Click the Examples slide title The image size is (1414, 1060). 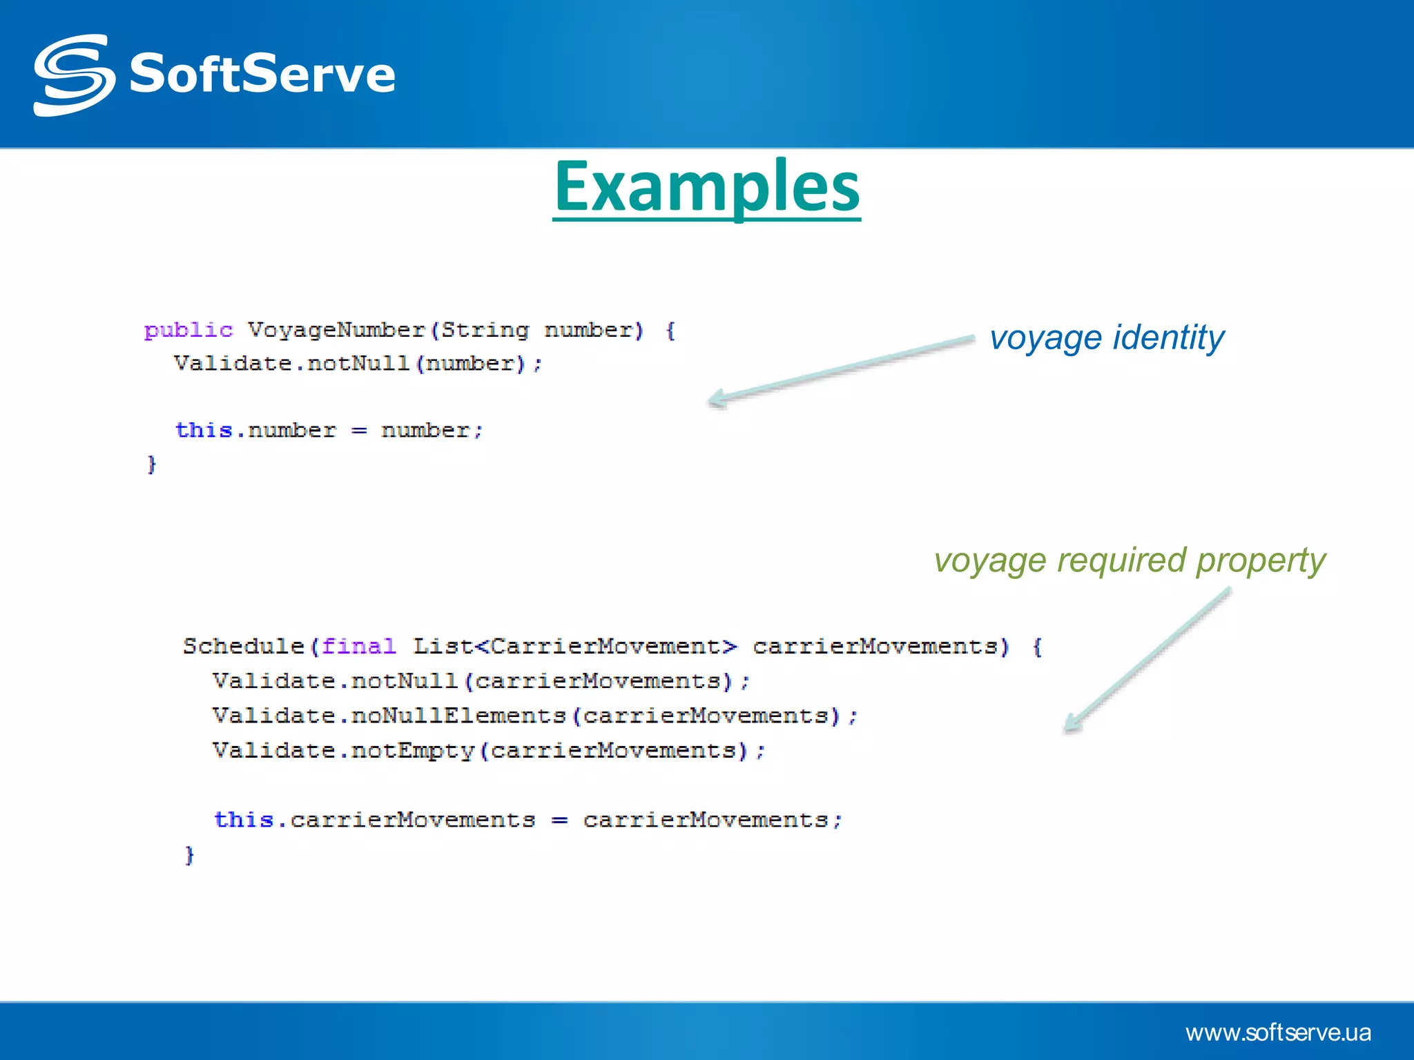coord(706,186)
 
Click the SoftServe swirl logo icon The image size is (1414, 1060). coord(74,75)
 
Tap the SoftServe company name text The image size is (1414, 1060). coord(262,74)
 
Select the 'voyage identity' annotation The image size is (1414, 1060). coord(1106,338)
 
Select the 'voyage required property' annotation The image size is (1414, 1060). coord(1130,560)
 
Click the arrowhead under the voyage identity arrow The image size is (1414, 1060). coord(717,399)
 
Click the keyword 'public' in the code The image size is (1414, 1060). coord(188,330)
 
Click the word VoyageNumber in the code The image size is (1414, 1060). coord(336,330)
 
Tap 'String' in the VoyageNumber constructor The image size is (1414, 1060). coord(485,330)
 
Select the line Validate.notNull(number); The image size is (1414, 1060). coord(358,363)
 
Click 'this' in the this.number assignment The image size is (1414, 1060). coord(203,430)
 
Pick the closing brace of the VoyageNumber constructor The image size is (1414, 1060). coord(152,464)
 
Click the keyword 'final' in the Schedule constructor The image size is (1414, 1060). coord(358,646)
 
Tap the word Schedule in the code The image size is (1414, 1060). coord(243,646)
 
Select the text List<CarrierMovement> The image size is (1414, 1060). coord(574,646)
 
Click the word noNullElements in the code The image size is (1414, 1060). coord(458,716)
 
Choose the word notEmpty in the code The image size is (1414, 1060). coord(412,750)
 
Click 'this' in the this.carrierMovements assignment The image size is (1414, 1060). coord(244,819)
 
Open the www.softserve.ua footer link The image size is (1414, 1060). coord(1278,1032)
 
